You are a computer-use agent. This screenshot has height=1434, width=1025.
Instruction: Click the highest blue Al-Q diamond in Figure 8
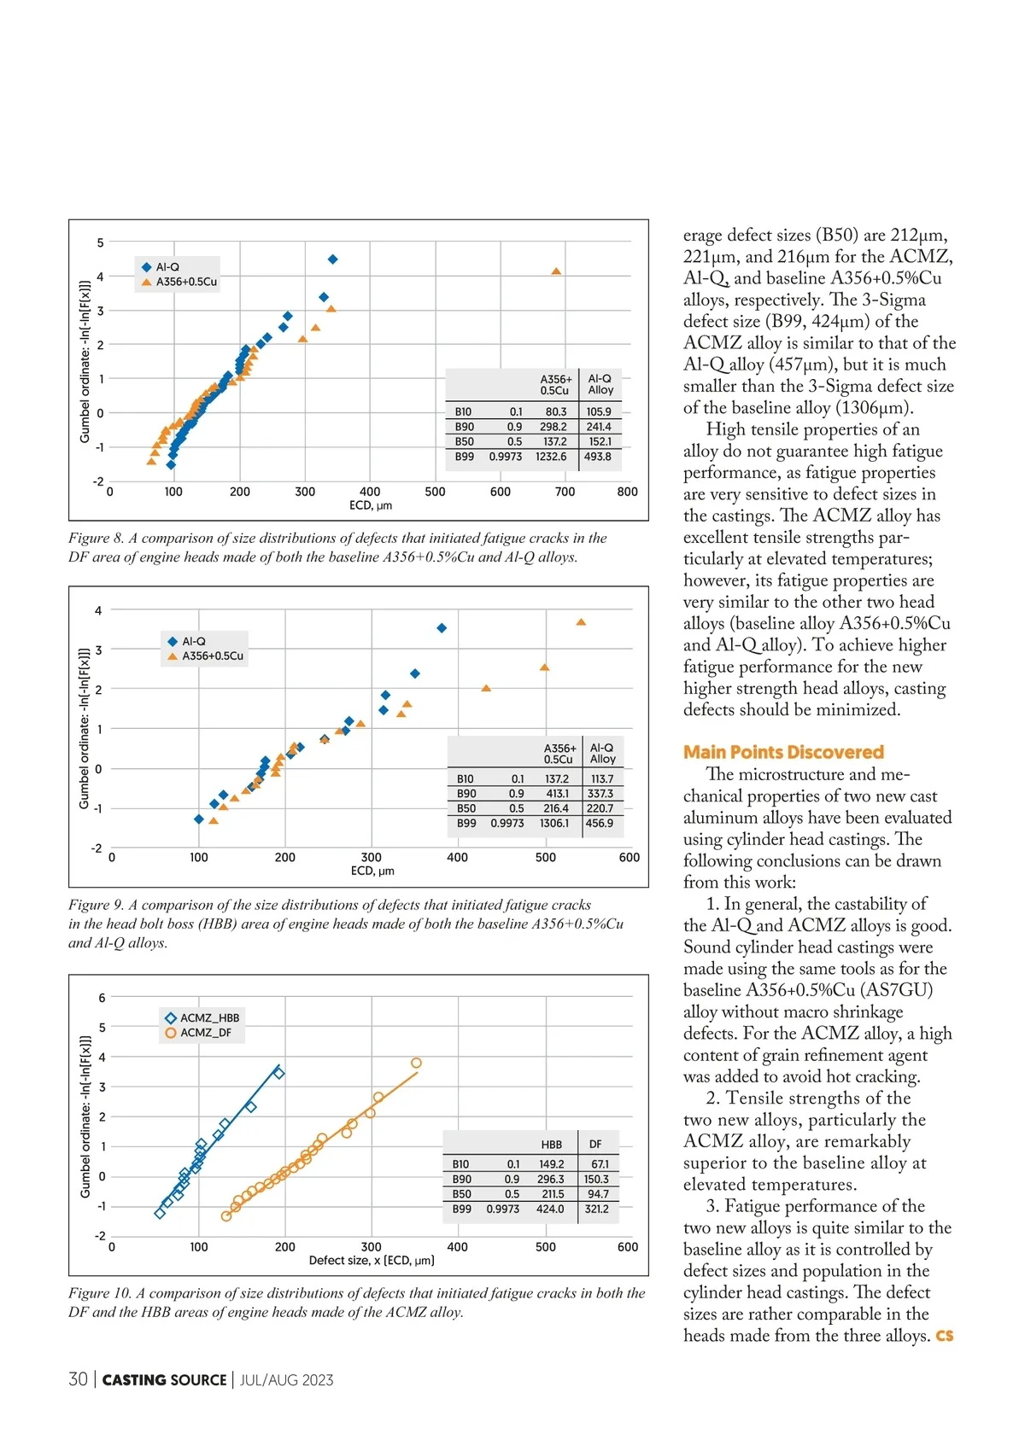(x=333, y=259)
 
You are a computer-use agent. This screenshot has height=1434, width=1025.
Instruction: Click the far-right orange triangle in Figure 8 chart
(x=556, y=271)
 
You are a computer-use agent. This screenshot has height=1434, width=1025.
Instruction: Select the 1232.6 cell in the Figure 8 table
(x=551, y=457)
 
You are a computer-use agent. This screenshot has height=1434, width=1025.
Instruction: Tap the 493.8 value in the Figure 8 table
(x=598, y=457)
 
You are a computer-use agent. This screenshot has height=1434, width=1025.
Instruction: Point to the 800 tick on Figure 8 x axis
(x=627, y=492)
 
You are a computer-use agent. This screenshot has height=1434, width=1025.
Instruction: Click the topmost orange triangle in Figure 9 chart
(x=581, y=622)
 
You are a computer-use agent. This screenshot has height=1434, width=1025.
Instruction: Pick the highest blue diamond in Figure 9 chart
(x=442, y=628)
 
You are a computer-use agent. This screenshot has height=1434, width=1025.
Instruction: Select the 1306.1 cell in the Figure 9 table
(x=554, y=823)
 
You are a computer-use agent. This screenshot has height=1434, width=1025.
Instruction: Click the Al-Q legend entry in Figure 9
(x=193, y=641)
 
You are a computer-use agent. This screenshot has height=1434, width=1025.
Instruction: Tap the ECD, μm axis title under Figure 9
(x=372, y=871)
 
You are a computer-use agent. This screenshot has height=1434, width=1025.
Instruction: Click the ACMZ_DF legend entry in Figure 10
(x=205, y=1033)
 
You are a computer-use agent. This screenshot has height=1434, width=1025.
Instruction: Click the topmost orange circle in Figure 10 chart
(x=416, y=1063)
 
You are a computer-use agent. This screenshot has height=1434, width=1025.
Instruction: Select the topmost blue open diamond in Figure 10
(x=278, y=1073)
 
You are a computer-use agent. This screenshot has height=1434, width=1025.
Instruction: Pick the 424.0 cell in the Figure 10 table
(x=550, y=1209)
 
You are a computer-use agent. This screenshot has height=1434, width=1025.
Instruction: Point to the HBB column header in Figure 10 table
(x=551, y=1145)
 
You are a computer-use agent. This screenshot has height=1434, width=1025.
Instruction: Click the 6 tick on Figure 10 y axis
(x=102, y=998)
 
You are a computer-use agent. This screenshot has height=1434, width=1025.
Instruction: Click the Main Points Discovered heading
(x=783, y=752)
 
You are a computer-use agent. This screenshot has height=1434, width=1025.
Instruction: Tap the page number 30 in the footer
(x=78, y=1379)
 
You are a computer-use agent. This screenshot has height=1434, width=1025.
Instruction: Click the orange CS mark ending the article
(x=945, y=1336)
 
